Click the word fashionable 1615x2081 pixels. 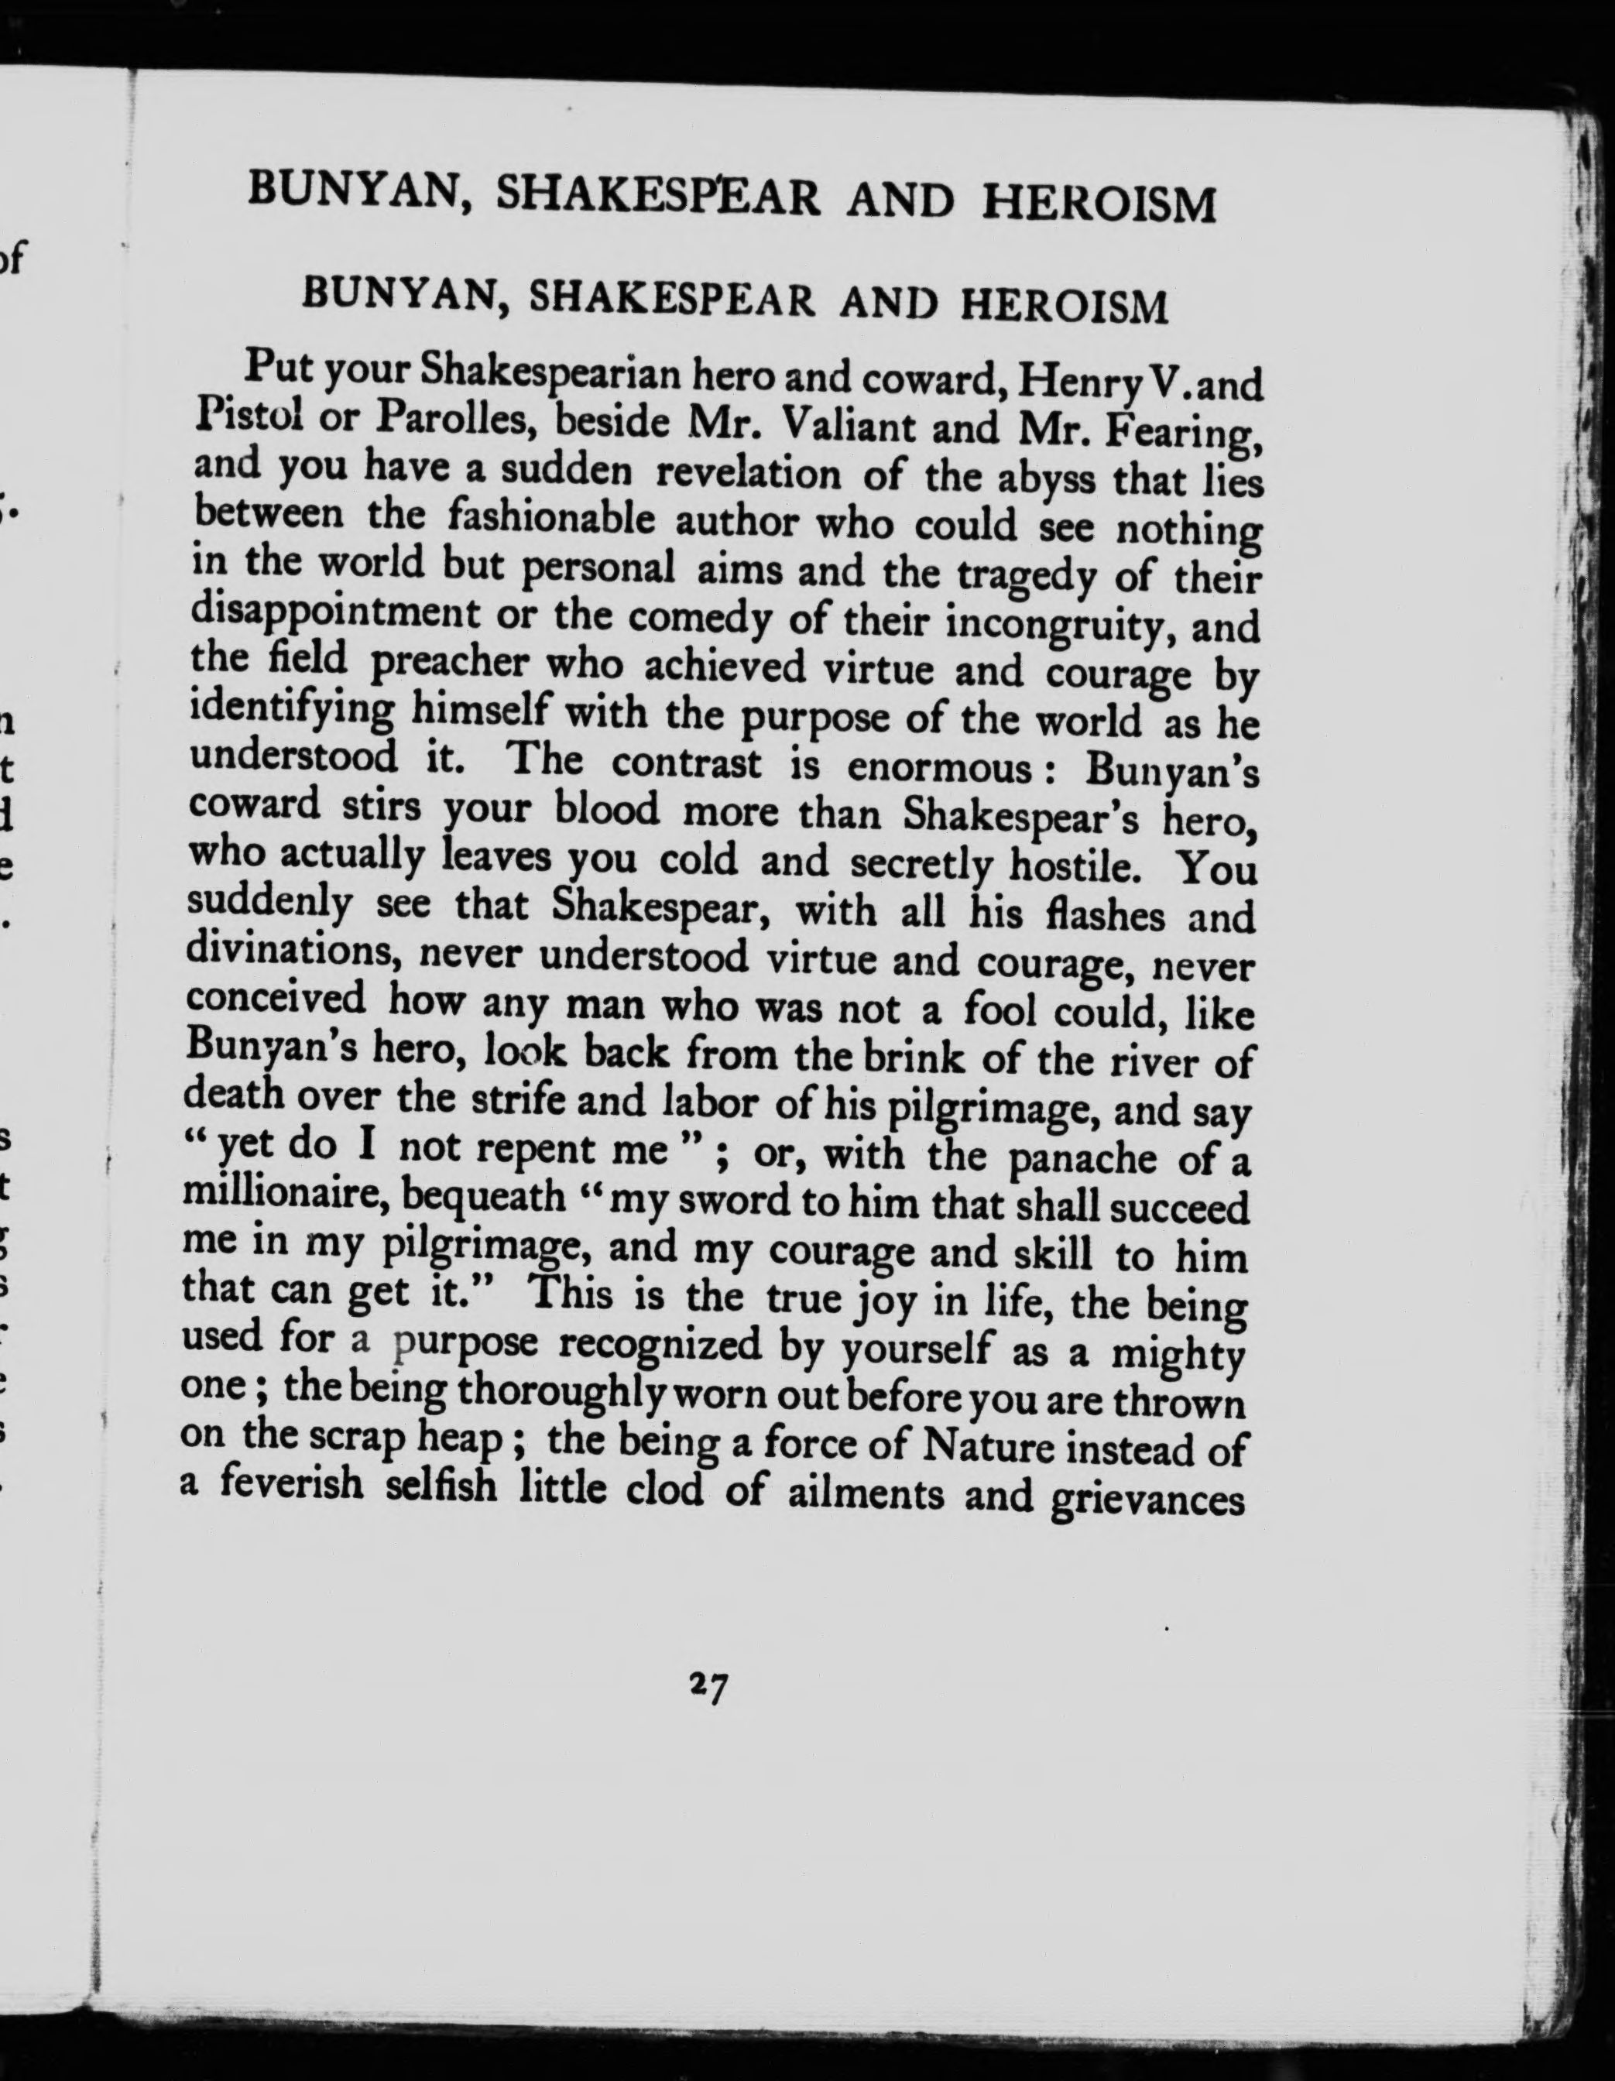(552, 519)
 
